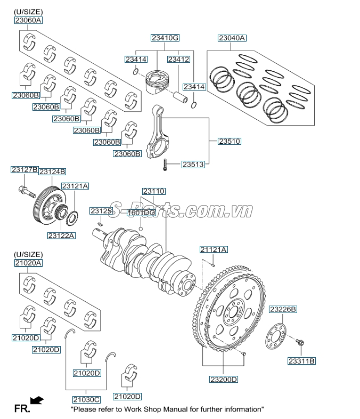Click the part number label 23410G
[165, 38]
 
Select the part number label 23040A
[232, 38]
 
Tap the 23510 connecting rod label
[230, 142]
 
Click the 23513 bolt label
[193, 165]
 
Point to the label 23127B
[24, 170]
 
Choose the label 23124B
[52, 171]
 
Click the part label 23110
[153, 191]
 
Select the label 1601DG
[141, 212]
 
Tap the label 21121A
[214, 249]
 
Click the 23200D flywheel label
[223, 379]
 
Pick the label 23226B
[283, 309]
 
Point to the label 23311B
[302, 361]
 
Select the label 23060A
[28, 20]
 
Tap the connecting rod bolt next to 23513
[166, 165]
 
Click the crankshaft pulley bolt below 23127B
[24, 189]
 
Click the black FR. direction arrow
[37, 400]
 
